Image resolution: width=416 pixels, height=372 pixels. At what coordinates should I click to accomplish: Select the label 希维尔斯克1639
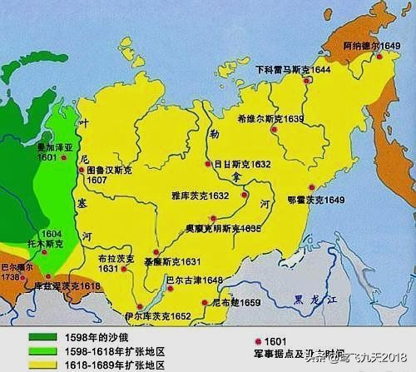271,119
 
